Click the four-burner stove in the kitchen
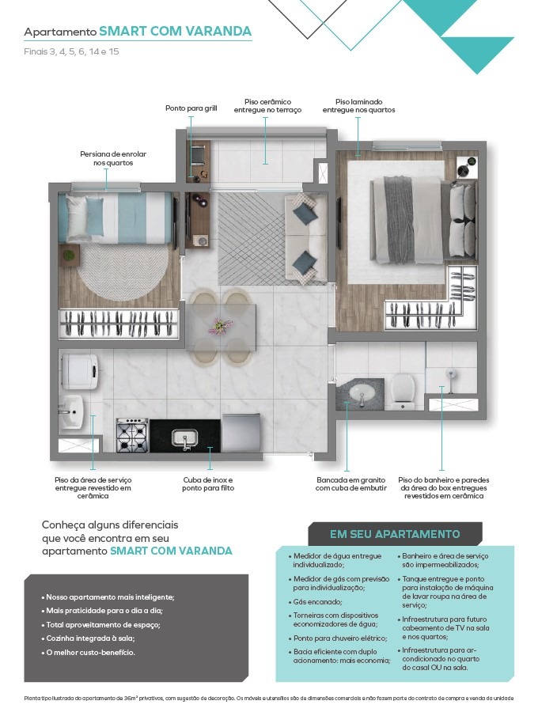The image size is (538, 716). point(132,434)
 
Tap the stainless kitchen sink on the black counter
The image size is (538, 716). point(184,438)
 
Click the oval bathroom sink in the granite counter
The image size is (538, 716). point(362,392)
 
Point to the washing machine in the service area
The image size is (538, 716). point(79,370)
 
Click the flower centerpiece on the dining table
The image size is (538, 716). point(221,326)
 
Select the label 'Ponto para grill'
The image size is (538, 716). point(191,108)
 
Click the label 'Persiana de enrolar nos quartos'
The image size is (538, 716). point(113,158)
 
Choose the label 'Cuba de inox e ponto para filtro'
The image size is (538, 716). point(208,484)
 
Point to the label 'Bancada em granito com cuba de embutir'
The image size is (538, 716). point(350,484)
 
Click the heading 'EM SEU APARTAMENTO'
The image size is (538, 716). point(395,534)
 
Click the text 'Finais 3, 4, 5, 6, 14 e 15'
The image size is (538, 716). point(71,51)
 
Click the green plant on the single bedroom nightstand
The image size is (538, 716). point(68,255)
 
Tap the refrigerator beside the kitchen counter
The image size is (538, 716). point(241,433)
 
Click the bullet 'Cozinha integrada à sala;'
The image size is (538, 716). point(90,638)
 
